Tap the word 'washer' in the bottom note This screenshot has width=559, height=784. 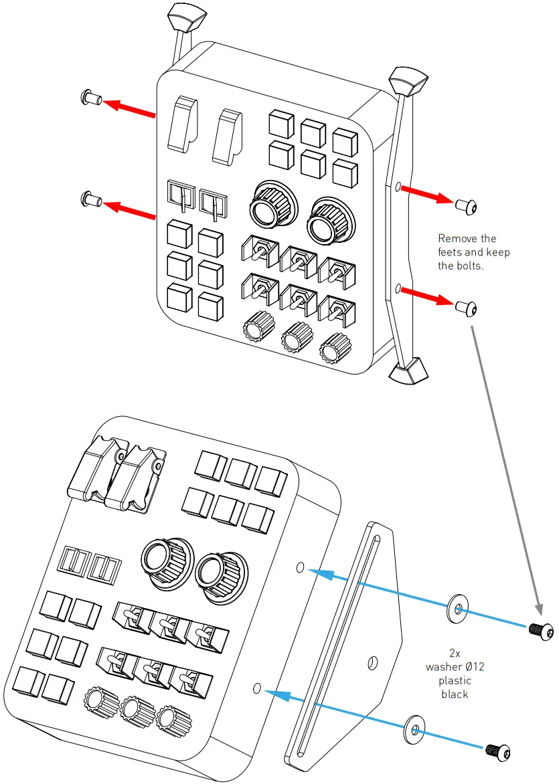pos(443,667)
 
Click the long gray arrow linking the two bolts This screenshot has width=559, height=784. pos(507,468)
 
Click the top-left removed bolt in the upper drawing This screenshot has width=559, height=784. pos(90,98)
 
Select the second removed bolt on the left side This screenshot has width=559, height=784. pos(90,198)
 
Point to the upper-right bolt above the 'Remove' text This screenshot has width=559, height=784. pos(466,207)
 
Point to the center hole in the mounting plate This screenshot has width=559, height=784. pos(374,663)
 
